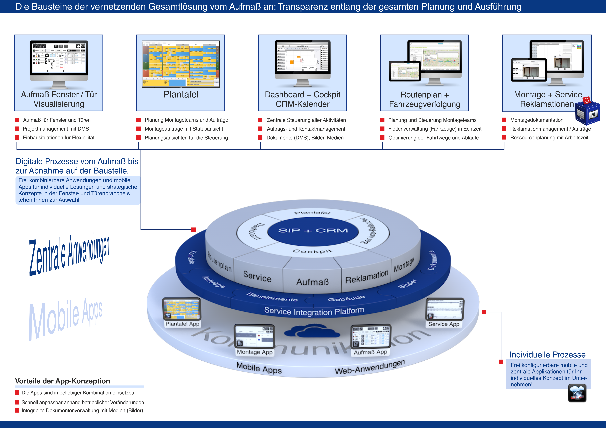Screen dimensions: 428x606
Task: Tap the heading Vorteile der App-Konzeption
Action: [63, 381]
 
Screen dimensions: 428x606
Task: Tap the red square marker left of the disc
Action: [193, 230]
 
